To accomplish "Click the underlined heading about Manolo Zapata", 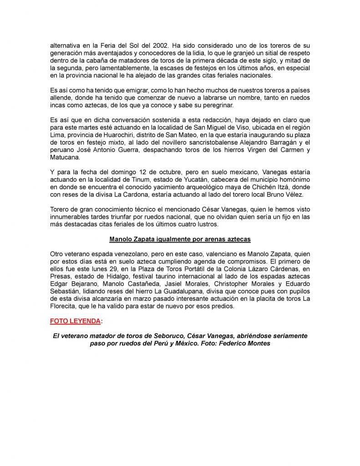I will click(x=180, y=238).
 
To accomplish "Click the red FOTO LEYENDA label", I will click(x=75, y=321).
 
